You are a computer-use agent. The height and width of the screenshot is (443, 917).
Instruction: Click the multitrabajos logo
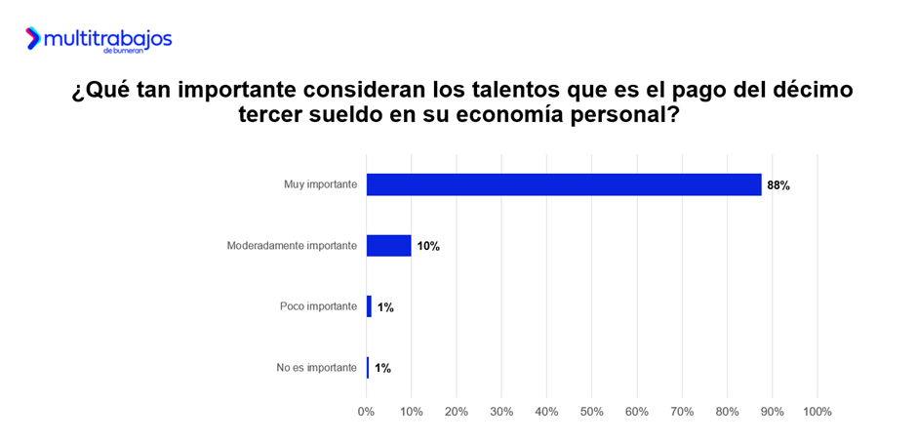[x=99, y=39]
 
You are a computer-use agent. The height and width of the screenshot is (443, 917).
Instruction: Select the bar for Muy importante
[x=564, y=184]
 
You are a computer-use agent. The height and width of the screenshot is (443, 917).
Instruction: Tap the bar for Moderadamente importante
[x=388, y=246]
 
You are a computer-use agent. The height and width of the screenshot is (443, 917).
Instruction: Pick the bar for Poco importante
[x=369, y=306]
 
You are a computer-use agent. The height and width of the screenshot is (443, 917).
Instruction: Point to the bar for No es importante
[x=368, y=368]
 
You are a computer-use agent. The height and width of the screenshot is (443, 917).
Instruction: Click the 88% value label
[x=777, y=185]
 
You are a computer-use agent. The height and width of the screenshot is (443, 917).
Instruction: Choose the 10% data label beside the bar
[x=428, y=247]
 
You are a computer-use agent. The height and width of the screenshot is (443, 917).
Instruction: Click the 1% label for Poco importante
[x=385, y=307]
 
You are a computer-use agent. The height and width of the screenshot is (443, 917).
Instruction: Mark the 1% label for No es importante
[x=382, y=369]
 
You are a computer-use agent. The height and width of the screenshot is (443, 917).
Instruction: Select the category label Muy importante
[x=318, y=184]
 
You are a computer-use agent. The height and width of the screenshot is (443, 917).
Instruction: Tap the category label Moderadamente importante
[x=292, y=246]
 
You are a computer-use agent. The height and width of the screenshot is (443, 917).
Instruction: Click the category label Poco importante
[x=318, y=306]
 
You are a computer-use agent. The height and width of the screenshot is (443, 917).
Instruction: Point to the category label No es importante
[x=317, y=368]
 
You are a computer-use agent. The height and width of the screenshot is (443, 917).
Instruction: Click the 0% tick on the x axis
[x=367, y=412]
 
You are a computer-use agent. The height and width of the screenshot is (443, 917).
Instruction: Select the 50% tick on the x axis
[x=591, y=412]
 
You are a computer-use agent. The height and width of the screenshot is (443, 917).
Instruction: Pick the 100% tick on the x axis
[x=817, y=412]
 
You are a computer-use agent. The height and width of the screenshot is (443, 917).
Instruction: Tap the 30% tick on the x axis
[x=501, y=412]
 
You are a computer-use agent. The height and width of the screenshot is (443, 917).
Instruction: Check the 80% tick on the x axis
[x=727, y=412]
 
